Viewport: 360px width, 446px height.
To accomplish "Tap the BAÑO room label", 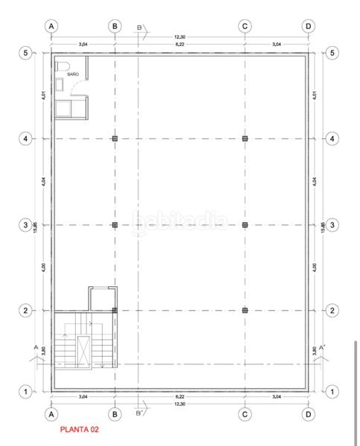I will click(73, 75).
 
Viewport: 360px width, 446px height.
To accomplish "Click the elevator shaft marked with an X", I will click(86, 351).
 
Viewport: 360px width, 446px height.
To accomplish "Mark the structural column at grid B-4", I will click(115, 138).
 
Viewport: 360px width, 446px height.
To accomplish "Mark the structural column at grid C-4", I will click(245, 138).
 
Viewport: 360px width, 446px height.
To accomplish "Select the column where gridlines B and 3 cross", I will click(115, 224).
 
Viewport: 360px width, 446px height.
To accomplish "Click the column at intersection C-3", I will click(245, 224).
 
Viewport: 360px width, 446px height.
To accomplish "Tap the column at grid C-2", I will click(245, 311).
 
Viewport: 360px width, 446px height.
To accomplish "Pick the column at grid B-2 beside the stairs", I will click(115, 311).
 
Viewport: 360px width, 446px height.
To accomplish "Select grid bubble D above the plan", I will click(308, 25).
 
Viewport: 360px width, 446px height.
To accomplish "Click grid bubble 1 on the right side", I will click(332, 391).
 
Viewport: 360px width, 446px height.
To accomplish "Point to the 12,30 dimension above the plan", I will click(180, 37).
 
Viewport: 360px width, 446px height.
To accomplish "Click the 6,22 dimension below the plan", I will click(180, 398).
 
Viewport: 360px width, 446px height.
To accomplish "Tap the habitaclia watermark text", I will click(180, 221).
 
